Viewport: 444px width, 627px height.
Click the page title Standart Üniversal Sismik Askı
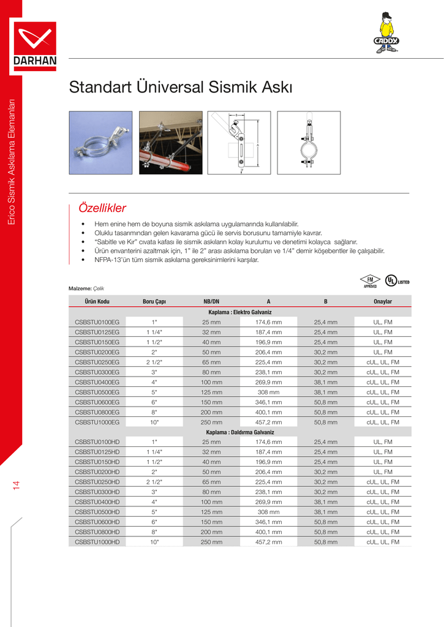(181, 88)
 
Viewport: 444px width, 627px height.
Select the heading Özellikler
(99, 208)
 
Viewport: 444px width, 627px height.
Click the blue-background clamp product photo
(100, 142)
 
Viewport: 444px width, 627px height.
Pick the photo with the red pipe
(170, 142)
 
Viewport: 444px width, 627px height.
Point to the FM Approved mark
(370, 281)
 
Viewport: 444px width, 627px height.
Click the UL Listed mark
(396, 281)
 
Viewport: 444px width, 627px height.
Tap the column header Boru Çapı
(154, 302)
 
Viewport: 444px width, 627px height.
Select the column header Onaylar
(383, 302)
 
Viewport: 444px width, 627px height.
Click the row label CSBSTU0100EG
(97, 322)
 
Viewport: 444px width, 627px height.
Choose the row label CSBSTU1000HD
(97, 542)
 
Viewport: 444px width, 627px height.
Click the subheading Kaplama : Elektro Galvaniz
(240, 312)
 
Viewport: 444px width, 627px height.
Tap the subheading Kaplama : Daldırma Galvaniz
(240, 432)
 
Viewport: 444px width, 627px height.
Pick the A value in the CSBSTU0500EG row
(268, 392)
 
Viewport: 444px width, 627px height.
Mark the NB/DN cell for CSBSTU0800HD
(211, 532)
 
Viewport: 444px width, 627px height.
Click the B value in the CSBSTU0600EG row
(326, 402)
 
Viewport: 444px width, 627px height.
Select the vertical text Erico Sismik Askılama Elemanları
(10, 161)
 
